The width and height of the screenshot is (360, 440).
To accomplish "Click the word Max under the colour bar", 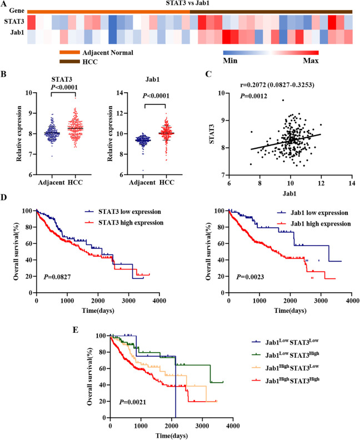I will pyautogui.click(x=311, y=60).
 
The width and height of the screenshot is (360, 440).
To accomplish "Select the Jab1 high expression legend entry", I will pyautogui.click(x=322, y=223).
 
